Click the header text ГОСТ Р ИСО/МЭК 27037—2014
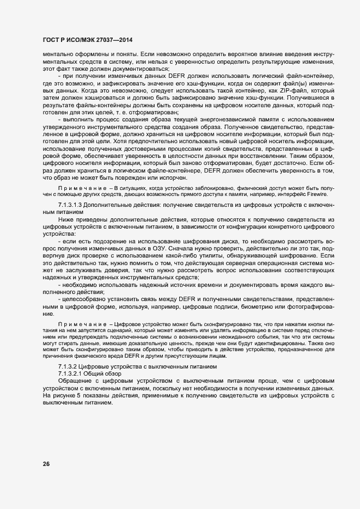click(87, 40)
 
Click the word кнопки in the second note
click(313, 323)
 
